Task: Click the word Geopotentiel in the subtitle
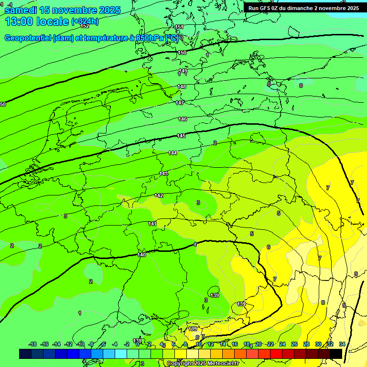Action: [x=28, y=38]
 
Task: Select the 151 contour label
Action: [x=179, y=27]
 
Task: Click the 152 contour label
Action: [x=85, y=26]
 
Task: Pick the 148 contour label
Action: [x=182, y=86]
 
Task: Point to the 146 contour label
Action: [x=183, y=119]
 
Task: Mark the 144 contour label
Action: [x=173, y=153]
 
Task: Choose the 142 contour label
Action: [x=159, y=195]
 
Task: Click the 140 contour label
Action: [x=142, y=255]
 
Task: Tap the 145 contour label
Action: [x=181, y=136]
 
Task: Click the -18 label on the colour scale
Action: [x=32, y=344]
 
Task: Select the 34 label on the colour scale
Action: [x=342, y=344]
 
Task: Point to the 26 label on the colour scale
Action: [x=294, y=344]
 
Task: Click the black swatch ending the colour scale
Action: [x=336, y=354]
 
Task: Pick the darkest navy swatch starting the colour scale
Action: [x=25, y=354]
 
